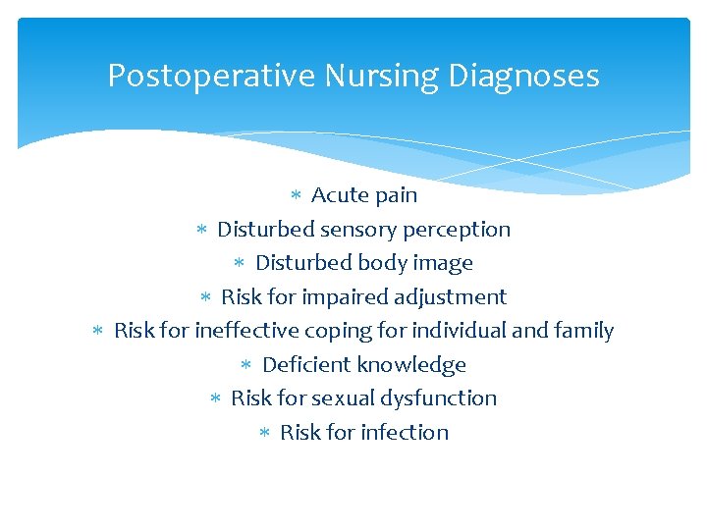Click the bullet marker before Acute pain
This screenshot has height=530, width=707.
(x=298, y=195)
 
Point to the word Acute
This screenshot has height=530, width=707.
(x=339, y=195)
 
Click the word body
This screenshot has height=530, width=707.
(x=386, y=263)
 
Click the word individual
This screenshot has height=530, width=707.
(x=459, y=331)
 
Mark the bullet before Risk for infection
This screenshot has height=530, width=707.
(x=265, y=433)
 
